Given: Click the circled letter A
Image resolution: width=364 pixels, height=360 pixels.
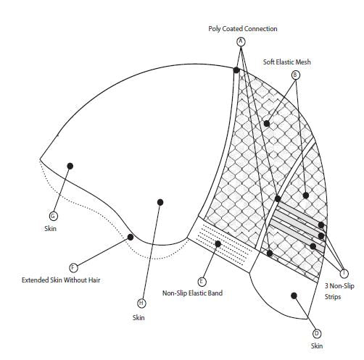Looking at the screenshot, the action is tap(241, 41).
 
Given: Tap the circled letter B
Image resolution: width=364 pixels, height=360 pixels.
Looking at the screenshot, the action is tap(295, 75).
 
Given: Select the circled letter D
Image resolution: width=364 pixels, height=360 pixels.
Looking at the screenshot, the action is tap(317, 334).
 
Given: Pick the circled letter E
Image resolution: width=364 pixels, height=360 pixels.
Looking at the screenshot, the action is tap(202, 282).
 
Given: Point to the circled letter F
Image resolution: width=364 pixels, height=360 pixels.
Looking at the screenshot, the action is tap(73, 267).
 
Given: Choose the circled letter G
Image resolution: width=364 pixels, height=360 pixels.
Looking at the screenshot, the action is tap(54, 216).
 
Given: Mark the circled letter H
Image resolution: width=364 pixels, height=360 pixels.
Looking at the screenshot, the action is tap(141, 303).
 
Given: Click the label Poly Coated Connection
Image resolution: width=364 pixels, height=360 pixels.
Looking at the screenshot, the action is tap(243, 29).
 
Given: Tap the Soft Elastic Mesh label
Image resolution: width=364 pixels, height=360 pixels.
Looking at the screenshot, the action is tap(286, 62).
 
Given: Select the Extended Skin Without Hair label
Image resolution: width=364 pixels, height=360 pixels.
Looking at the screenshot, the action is tap(61, 280).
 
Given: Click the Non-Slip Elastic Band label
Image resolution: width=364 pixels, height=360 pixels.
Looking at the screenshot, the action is tap(192, 293).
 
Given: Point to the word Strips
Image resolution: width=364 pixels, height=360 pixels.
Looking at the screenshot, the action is tap(333, 297).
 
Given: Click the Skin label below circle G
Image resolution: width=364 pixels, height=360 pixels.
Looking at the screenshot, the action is tap(50, 228).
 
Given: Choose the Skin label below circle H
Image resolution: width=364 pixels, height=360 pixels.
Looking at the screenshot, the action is tap(138, 317).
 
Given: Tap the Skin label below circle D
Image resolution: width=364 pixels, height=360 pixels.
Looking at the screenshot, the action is tap(317, 346).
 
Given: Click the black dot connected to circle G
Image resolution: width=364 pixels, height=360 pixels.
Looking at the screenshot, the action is tap(70, 166).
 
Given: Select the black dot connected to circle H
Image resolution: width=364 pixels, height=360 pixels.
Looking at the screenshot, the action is tap(160, 202).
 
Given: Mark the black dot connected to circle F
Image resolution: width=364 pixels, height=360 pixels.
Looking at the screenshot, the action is tap(131, 237).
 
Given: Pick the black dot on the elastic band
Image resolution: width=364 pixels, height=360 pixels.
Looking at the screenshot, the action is tap(218, 244).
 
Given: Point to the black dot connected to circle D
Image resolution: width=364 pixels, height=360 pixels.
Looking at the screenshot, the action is tap(294, 296).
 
